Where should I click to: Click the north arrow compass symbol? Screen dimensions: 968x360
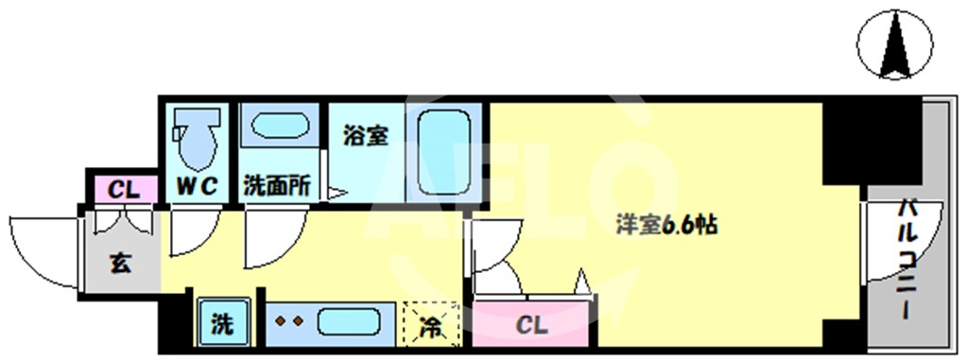click(894, 44)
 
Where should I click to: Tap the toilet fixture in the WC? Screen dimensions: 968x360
click(197, 138)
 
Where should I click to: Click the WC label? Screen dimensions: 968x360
click(197, 186)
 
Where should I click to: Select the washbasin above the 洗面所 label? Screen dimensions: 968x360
click(280, 126)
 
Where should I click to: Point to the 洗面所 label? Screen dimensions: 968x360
click(277, 186)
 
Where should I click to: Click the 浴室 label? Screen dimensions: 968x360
click(366, 136)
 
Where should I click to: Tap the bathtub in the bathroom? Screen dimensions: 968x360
click(444, 152)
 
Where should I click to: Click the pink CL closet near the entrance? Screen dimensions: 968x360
click(125, 190)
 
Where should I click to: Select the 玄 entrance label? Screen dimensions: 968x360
click(121, 264)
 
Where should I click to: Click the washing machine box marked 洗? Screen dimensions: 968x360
click(223, 323)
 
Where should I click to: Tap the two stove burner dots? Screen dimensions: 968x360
click(289, 321)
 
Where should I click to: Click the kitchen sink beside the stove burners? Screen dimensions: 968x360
click(349, 322)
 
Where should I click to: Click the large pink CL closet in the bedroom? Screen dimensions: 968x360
click(531, 323)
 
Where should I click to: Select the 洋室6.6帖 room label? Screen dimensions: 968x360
click(666, 226)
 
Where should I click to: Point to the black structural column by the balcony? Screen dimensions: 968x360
click(872, 141)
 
